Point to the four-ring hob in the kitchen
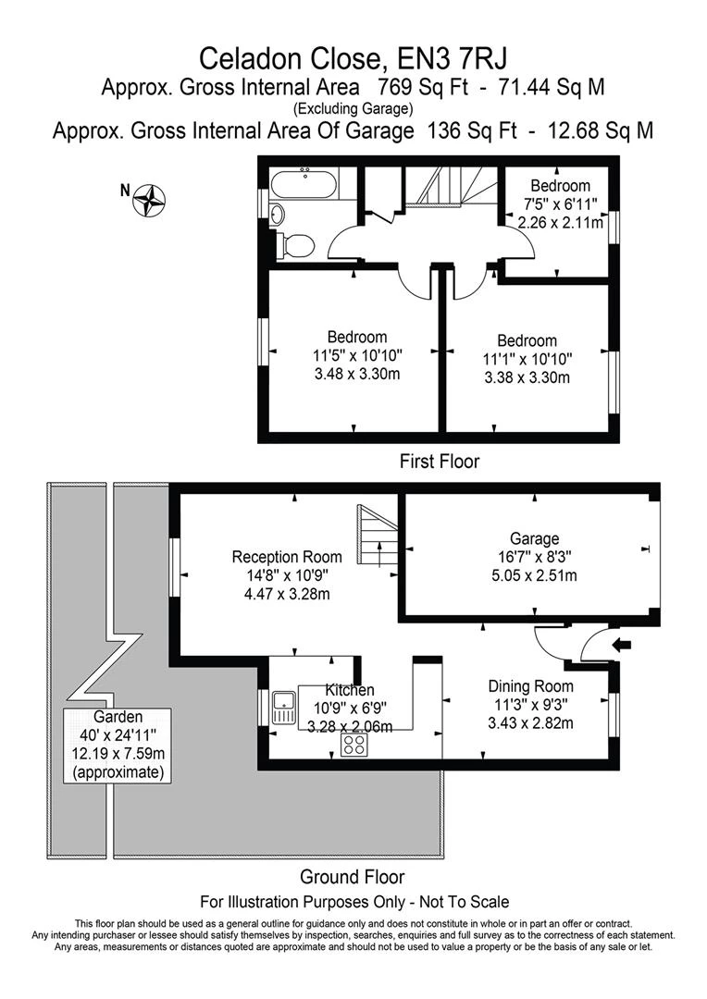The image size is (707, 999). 354,745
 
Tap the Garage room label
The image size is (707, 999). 534,538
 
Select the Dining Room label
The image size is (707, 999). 531,686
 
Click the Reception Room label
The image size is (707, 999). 286,557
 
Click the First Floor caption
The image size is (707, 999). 439,460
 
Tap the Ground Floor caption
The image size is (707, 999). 352,876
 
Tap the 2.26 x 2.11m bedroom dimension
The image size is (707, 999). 560,222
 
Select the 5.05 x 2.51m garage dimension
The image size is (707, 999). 534,575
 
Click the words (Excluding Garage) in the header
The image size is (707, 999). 353,109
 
